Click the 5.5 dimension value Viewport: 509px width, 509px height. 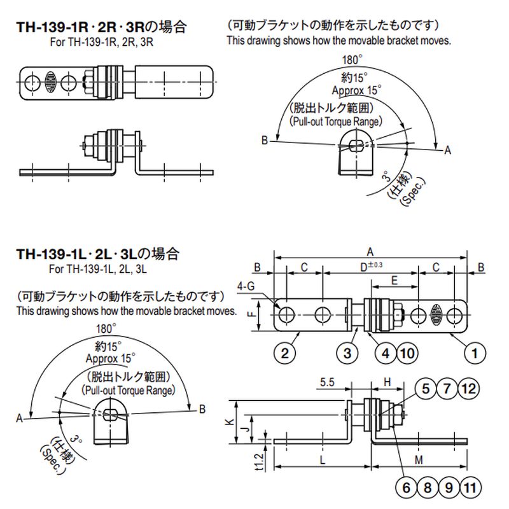[x=328, y=382]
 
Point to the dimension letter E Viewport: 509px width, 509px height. [x=394, y=280]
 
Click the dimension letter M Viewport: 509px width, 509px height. [x=417, y=459]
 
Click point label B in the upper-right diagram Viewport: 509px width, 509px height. [x=263, y=141]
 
